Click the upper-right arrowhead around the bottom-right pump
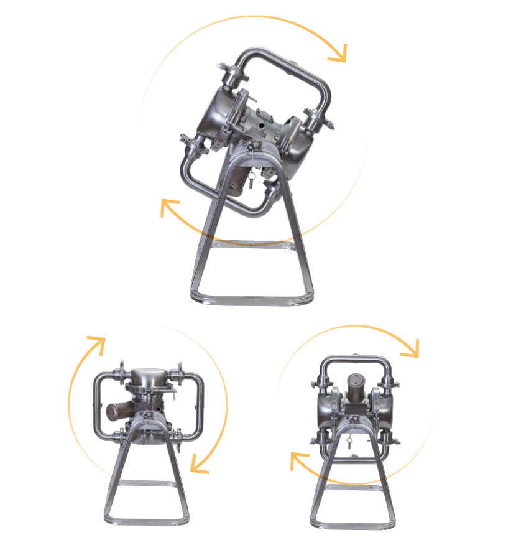[410, 350]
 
